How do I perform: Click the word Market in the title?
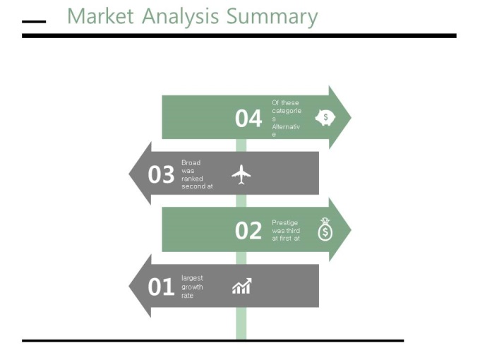click(100, 16)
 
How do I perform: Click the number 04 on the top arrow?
click(248, 119)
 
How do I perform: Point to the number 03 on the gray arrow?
click(161, 174)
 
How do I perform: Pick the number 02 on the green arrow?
click(248, 231)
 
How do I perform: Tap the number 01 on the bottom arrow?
click(161, 287)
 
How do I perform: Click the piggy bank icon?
click(325, 118)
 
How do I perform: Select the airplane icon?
click(241, 174)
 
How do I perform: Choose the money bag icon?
click(325, 229)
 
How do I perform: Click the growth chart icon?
click(242, 286)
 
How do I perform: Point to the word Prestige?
click(284, 223)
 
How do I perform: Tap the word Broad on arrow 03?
click(191, 162)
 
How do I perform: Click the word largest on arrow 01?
click(192, 278)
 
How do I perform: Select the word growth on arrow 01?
click(192, 287)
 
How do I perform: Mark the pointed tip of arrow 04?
click(351, 118)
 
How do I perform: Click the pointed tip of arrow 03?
click(129, 174)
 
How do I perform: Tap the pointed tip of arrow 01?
click(129, 286)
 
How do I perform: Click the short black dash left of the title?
click(34, 22)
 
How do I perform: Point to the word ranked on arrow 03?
click(192, 179)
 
